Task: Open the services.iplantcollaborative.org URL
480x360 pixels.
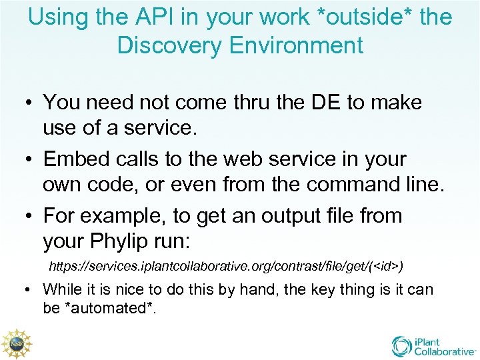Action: pos(227,266)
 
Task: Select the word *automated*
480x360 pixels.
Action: pos(104,308)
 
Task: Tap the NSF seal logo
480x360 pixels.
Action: pos(15,343)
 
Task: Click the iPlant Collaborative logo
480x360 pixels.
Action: pos(433,345)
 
